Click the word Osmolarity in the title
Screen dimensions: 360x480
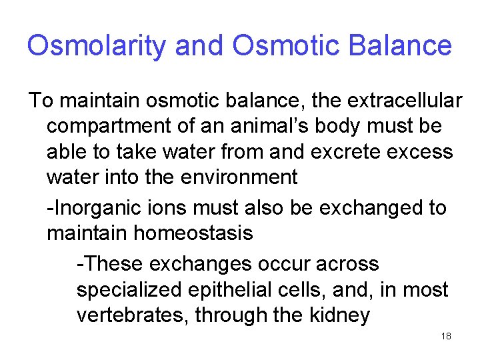(97, 46)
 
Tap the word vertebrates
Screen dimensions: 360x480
(133, 315)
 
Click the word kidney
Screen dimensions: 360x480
(338, 315)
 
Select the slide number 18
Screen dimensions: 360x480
(446, 336)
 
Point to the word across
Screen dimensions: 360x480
(347, 264)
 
